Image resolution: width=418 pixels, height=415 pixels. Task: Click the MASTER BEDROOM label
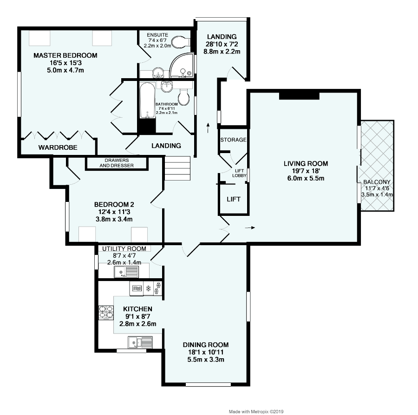pyautogui.click(x=65, y=55)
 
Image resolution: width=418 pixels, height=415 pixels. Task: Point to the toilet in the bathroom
pyautogui.click(x=184, y=96)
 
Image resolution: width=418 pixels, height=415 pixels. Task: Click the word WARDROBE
pyautogui.click(x=58, y=147)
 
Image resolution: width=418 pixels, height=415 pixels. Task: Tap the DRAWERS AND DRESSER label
pyautogui.click(x=116, y=163)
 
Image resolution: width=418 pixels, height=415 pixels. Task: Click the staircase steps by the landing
pyautogui.click(x=177, y=168)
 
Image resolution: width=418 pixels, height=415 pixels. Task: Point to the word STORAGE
pyautogui.click(x=233, y=140)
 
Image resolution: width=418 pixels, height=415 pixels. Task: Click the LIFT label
pyautogui.click(x=234, y=199)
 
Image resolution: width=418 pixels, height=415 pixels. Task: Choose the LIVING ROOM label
pyautogui.click(x=306, y=163)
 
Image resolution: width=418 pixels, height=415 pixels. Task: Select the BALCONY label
pyautogui.click(x=377, y=182)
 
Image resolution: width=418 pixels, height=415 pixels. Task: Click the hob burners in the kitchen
pyautogui.click(x=105, y=311)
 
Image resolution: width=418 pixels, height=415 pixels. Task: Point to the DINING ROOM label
pyautogui.click(x=206, y=345)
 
